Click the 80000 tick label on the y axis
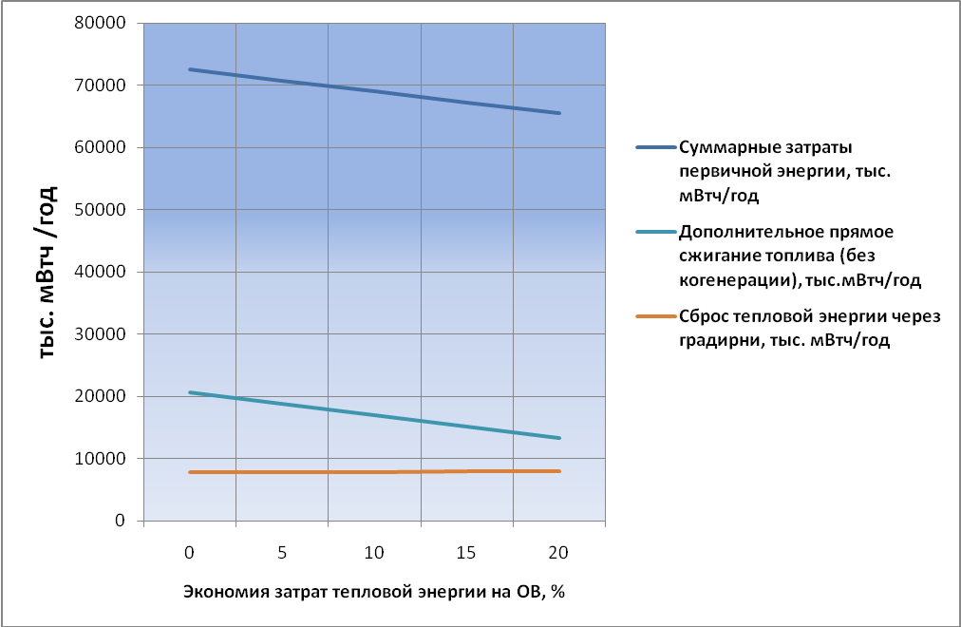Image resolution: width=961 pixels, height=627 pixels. coord(105,23)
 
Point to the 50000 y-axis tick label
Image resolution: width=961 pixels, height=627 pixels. coord(105,210)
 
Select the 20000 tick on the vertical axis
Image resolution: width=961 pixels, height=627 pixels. coord(105,396)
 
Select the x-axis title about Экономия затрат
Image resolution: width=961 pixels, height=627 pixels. coord(374,591)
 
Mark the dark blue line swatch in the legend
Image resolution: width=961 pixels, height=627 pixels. coord(655,148)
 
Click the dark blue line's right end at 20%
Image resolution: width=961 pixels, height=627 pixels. coord(560,113)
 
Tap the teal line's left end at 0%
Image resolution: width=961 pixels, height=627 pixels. coord(189,392)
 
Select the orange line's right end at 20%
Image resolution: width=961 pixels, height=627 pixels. coord(560,471)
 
